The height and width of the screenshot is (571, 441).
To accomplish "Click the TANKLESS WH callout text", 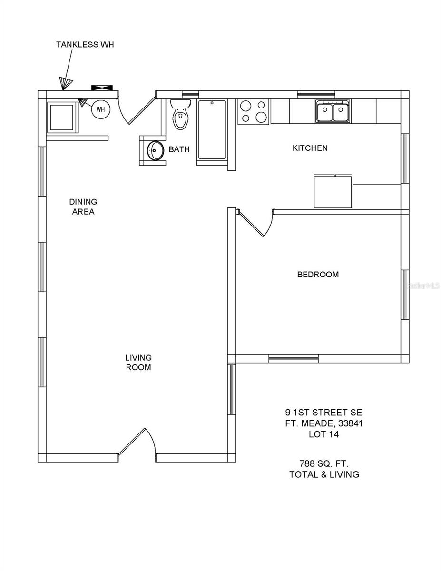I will tap(85, 45).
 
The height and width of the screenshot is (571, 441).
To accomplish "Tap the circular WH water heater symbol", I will tap(100, 109).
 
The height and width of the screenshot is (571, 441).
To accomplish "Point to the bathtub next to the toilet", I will tap(212, 129).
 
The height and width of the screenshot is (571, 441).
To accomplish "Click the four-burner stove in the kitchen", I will tap(254, 111).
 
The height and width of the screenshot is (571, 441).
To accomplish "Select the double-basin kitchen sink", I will tap(333, 112).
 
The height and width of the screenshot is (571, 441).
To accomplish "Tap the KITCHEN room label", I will tap(310, 148).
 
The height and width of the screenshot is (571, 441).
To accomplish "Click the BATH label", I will tap(179, 149).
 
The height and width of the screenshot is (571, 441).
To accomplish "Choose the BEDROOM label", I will tap(318, 275).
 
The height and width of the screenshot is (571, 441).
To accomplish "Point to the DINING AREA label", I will tap(83, 207).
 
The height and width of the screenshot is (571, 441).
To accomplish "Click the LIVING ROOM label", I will tap(138, 363).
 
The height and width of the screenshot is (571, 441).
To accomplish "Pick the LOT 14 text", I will tap(324, 434).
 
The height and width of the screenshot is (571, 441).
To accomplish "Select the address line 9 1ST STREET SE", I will tap(324, 413).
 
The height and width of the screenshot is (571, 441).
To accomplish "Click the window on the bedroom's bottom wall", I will tap(293, 358).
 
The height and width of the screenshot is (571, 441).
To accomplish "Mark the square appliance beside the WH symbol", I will tap(61, 117).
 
